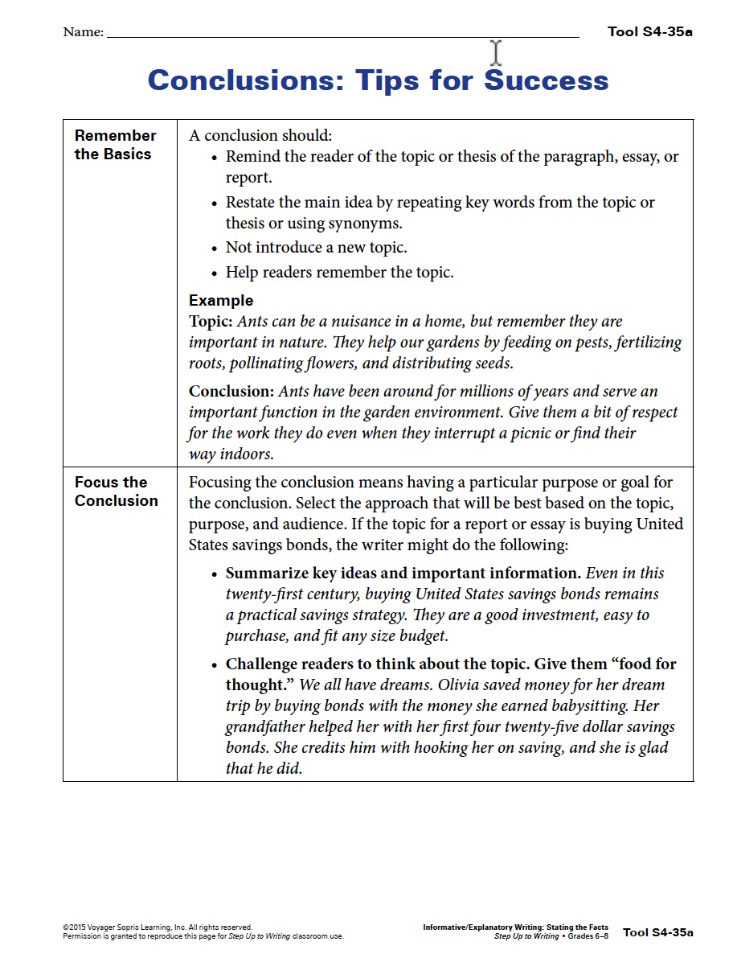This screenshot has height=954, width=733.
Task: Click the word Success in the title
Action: click(x=547, y=80)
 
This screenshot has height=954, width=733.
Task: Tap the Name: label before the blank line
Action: click(x=83, y=33)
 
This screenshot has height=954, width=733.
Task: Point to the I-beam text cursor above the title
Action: click(x=496, y=53)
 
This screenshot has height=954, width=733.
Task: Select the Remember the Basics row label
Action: click(x=115, y=145)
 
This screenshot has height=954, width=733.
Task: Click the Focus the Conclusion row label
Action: click(x=116, y=491)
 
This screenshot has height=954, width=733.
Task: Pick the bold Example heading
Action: click(x=221, y=301)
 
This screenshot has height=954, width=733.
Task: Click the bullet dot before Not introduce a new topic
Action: click(x=215, y=249)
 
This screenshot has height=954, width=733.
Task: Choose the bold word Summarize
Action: click(x=265, y=574)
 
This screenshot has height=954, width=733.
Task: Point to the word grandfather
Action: click(x=267, y=727)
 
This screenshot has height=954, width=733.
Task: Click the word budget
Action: click(x=421, y=636)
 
